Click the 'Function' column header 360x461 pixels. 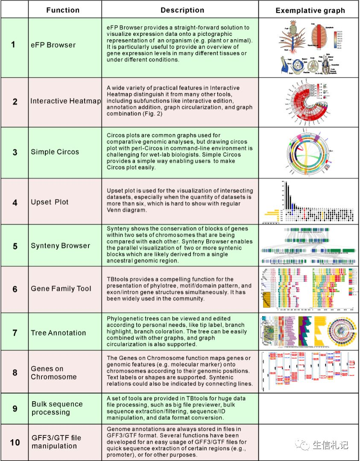(63, 10)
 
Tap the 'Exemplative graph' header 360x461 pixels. (310, 10)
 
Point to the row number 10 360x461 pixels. (15, 442)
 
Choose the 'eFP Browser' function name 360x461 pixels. (53, 45)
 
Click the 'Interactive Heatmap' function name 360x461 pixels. (66, 101)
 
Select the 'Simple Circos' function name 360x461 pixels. (55, 152)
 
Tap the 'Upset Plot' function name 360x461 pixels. (50, 202)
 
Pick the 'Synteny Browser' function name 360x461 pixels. (60, 246)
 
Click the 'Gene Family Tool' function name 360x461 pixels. (61, 289)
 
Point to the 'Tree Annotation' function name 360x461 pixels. (58, 333)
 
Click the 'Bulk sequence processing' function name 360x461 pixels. (57, 408)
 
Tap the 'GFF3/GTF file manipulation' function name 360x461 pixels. (56, 442)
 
